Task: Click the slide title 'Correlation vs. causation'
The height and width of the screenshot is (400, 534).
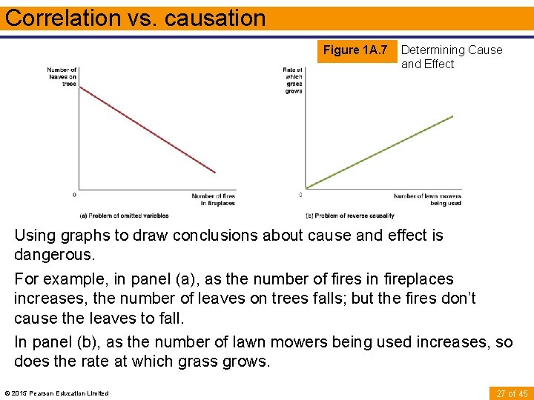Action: click(x=135, y=18)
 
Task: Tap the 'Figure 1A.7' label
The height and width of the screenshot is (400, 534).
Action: click(x=355, y=50)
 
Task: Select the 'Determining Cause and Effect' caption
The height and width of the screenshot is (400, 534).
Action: click(x=451, y=57)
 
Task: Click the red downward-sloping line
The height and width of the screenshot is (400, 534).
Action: click(x=148, y=130)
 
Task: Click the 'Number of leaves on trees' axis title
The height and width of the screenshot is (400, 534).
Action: click(x=62, y=77)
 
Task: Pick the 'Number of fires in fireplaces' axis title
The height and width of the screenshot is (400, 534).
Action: click(x=214, y=199)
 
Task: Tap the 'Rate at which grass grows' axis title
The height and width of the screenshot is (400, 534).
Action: click(x=292, y=80)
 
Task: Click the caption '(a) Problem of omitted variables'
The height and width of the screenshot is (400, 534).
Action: click(x=124, y=216)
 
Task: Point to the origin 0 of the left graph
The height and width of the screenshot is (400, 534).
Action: click(x=73, y=195)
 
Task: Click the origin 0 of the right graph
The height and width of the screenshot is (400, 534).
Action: click(x=300, y=195)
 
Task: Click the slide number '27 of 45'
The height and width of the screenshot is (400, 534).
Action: click(x=511, y=393)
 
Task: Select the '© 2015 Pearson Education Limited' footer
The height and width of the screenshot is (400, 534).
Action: click(x=56, y=393)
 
